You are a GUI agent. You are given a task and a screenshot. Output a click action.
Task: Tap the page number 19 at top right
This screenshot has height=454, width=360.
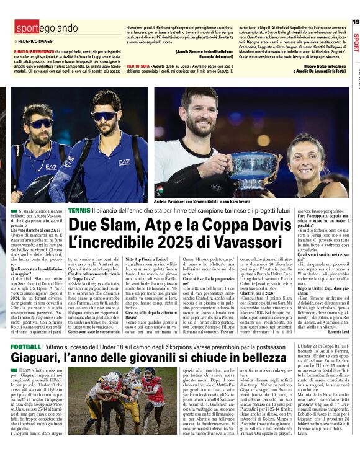(x=355, y=22)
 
